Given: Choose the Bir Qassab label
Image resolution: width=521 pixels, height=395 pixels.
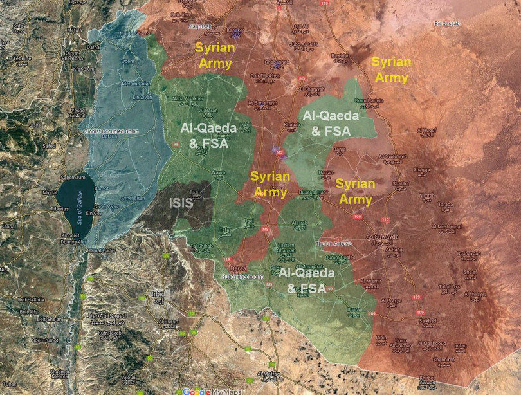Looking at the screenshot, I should (448, 24).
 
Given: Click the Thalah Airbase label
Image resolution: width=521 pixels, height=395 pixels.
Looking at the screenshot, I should (334, 244).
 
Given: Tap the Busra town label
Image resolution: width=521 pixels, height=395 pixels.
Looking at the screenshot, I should (353, 309).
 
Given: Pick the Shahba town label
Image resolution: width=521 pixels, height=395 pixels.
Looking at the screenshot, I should (400, 183).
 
